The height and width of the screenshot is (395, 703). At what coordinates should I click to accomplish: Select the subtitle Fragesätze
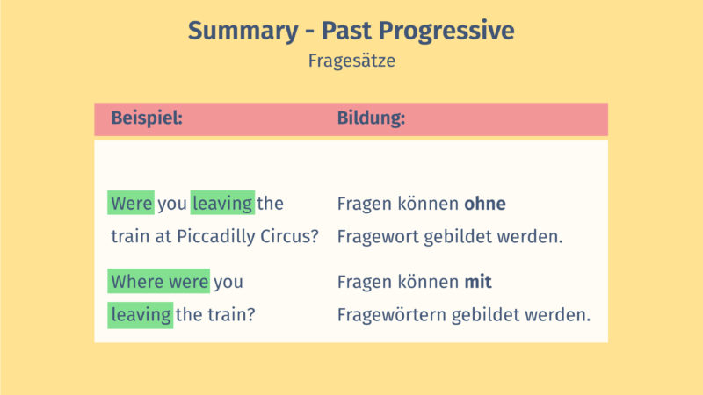(x=351, y=61)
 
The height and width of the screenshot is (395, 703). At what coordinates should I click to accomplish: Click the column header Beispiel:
(x=146, y=118)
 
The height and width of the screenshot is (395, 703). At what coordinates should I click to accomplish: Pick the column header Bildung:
(x=371, y=118)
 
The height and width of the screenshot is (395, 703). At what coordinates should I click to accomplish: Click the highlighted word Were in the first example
(x=132, y=204)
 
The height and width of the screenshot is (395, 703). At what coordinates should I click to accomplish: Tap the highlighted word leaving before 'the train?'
(x=141, y=313)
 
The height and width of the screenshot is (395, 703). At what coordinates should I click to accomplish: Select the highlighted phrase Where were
(x=159, y=282)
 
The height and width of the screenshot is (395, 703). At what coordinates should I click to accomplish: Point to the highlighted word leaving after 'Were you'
(x=222, y=204)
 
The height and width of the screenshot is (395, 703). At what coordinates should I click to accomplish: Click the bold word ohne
(x=485, y=204)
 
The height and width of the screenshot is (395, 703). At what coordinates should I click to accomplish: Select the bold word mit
(x=478, y=282)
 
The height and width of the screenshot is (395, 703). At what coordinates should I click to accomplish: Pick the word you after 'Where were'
(x=228, y=282)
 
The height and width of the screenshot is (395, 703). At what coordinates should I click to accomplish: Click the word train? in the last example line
(x=232, y=313)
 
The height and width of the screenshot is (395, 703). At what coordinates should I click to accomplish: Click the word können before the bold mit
(x=429, y=282)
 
